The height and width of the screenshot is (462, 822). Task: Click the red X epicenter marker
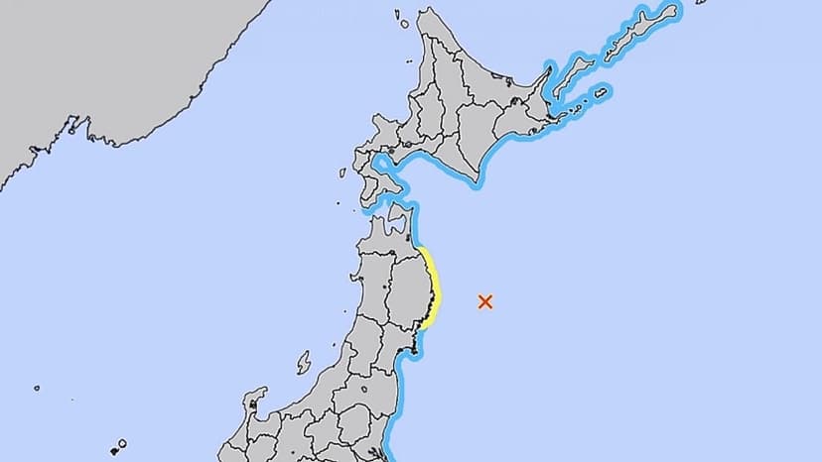(485, 301)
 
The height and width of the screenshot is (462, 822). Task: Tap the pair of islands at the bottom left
(117, 445)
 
